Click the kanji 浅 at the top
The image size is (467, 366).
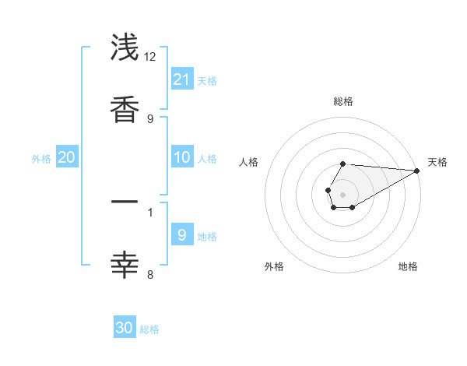(x=125, y=48)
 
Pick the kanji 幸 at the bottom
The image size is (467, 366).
(x=125, y=265)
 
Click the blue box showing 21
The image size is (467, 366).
(x=182, y=79)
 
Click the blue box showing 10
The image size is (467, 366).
(x=182, y=157)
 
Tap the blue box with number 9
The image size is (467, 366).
(x=182, y=234)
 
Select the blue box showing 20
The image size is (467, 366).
(x=67, y=157)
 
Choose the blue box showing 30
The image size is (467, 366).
(x=125, y=328)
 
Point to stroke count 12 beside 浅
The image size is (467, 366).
(x=150, y=57)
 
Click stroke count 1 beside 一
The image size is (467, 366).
(x=150, y=211)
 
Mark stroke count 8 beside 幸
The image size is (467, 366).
(x=150, y=273)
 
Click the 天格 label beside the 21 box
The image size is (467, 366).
(x=207, y=80)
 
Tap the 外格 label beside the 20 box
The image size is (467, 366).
(x=41, y=159)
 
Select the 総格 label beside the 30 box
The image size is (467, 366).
(x=149, y=329)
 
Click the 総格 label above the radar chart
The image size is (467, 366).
(x=342, y=101)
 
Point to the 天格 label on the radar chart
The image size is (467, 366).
(x=437, y=162)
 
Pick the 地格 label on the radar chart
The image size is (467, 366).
(x=408, y=266)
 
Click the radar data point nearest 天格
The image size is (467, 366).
(x=417, y=171)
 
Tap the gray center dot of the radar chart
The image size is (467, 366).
(x=342, y=194)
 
